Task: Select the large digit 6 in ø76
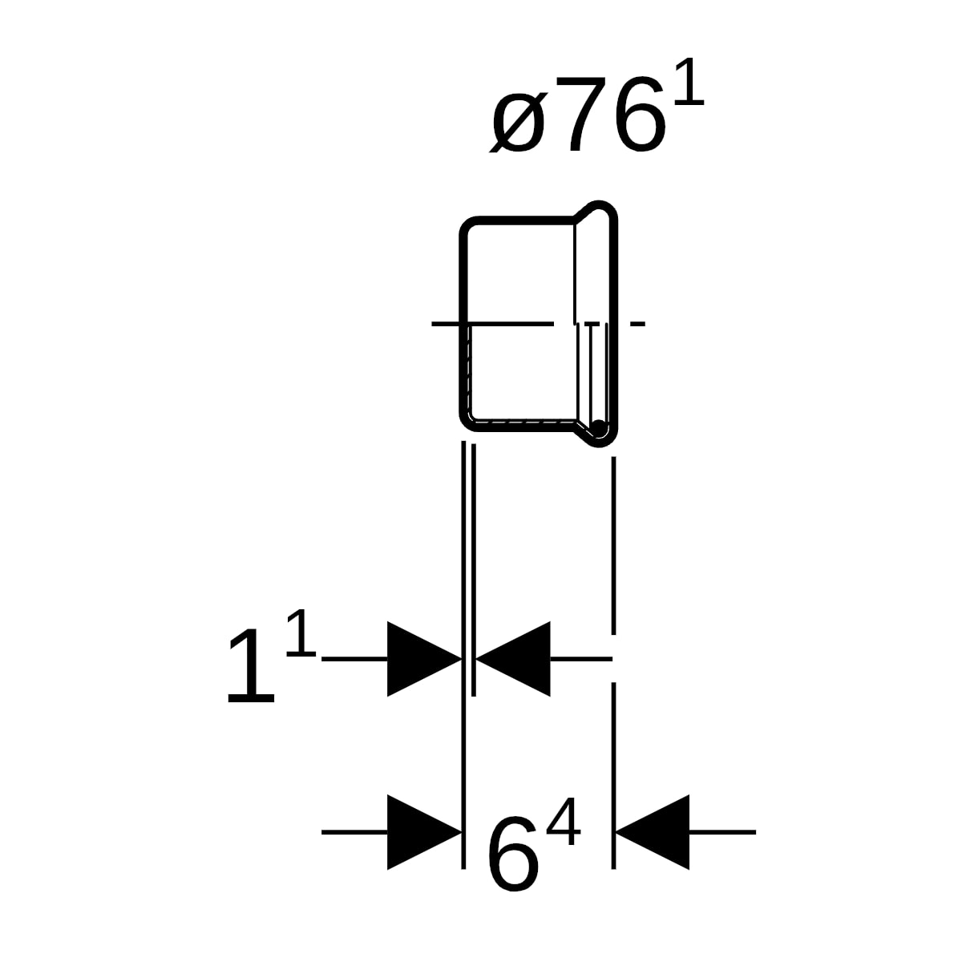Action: [x=640, y=115]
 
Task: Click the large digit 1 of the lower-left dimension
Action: [x=252, y=665]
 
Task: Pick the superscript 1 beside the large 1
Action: [x=301, y=633]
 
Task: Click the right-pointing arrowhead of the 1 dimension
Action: [x=424, y=659]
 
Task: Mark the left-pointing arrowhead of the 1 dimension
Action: [x=513, y=659]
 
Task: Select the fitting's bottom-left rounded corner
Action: [x=469, y=422]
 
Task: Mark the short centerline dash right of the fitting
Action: [x=637, y=324]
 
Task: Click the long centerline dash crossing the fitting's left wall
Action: [x=492, y=324]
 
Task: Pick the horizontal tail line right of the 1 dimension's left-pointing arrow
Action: [x=581, y=659]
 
